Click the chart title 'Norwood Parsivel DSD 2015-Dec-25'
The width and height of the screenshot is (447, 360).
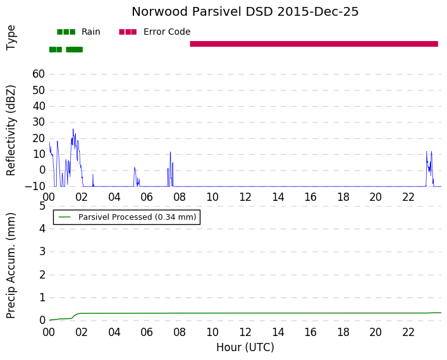[245, 11]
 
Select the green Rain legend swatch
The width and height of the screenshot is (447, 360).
[66, 32]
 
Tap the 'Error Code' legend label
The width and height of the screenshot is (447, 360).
[167, 32]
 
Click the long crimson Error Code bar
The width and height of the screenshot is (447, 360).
[314, 44]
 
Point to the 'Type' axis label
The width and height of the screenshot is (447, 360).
[11, 38]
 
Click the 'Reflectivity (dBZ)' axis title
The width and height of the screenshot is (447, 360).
[11, 131]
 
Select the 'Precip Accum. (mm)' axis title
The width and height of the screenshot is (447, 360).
[11, 266]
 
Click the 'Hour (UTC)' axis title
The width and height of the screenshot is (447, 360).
[245, 347]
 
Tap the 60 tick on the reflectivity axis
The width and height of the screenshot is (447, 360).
[39, 74]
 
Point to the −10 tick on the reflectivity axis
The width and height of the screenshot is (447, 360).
[35, 186]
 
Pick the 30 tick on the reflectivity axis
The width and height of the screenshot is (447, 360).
[39, 122]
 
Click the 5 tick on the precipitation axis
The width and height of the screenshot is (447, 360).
[42, 206]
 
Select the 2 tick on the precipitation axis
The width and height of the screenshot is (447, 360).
[42, 275]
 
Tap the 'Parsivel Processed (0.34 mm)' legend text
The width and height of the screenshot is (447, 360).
[137, 217]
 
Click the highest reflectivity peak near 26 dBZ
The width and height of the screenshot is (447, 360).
[73, 129]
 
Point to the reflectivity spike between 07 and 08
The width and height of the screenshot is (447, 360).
[171, 169]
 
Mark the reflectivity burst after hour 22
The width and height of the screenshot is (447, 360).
[430, 169]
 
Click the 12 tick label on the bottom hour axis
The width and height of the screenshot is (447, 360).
[245, 332]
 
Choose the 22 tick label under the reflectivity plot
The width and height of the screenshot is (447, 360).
[408, 197]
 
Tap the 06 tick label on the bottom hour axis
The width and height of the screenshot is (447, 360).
[147, 332]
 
